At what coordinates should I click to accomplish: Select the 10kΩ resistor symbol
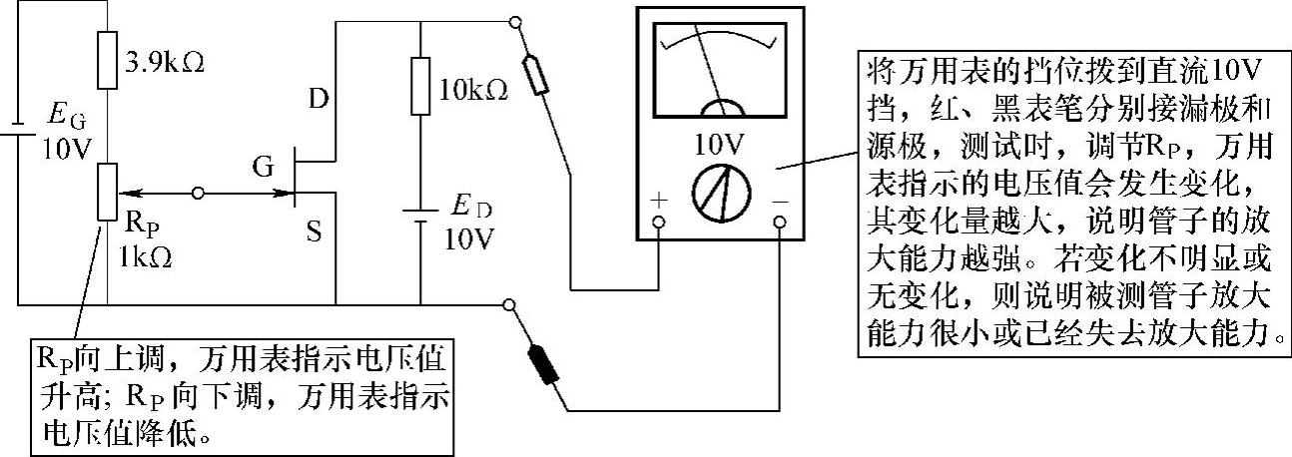pyautogui.click(x=419, y=86)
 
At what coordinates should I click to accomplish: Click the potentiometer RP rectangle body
pyautogui.click(x=106, y=193)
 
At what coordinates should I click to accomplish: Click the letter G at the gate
pyautogui.click(x=264, y=168)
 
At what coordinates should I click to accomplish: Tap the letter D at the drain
pyautogui.click(x=318, y=99)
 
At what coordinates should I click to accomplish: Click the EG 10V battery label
pyautogui.click(x=66, y=137)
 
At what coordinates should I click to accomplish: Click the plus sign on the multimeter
pyautogui.click(x=659, y=199)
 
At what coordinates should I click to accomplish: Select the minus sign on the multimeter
pyautogui.click(x=781, y=199)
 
